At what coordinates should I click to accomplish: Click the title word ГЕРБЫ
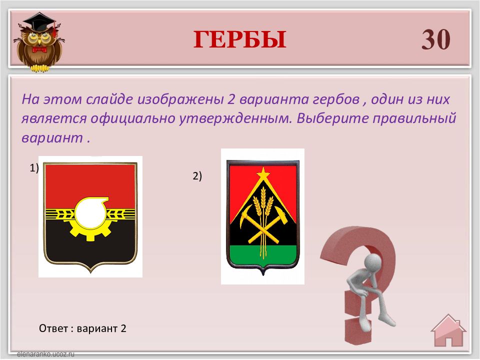(x=239, y=40)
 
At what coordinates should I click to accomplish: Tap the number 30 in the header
(x=435, y=39)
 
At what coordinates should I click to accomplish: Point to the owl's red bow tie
(x=39, y=49)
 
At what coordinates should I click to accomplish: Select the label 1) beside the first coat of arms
(x=34, y=168)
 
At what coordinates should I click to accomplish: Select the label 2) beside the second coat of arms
(x=197, y=176)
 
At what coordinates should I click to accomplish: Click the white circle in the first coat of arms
(x=90, y=214)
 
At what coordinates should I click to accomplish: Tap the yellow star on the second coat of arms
(x=263, y=173)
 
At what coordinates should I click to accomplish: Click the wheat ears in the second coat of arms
(x=263, y=202)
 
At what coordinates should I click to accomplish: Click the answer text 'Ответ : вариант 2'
(x=82, y=328)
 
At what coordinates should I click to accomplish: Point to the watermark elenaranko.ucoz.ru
(x=45, y=354)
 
